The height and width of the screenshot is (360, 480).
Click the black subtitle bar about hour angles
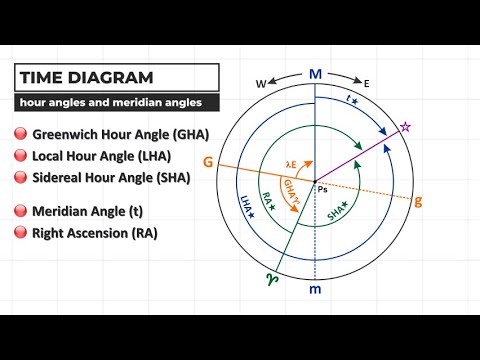(x=116, y=102)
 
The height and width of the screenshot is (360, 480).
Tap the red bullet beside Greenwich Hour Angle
(x=20, y=134)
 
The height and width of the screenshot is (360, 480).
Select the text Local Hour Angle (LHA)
(x=101, y=156)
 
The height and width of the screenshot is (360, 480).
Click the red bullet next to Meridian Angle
(x=20, y=211)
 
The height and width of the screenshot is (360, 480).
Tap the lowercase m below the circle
(x=316, y=290)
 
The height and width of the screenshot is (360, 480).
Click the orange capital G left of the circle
(x=207, y=161)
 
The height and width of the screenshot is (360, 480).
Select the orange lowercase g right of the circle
(x=418, y=201)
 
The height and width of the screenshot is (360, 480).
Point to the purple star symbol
(x=405, y=127)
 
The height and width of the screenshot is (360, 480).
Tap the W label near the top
(x=262, y=84)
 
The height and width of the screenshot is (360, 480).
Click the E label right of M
(x=367, y=84)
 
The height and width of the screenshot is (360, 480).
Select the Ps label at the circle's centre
(x=322, y=188)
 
